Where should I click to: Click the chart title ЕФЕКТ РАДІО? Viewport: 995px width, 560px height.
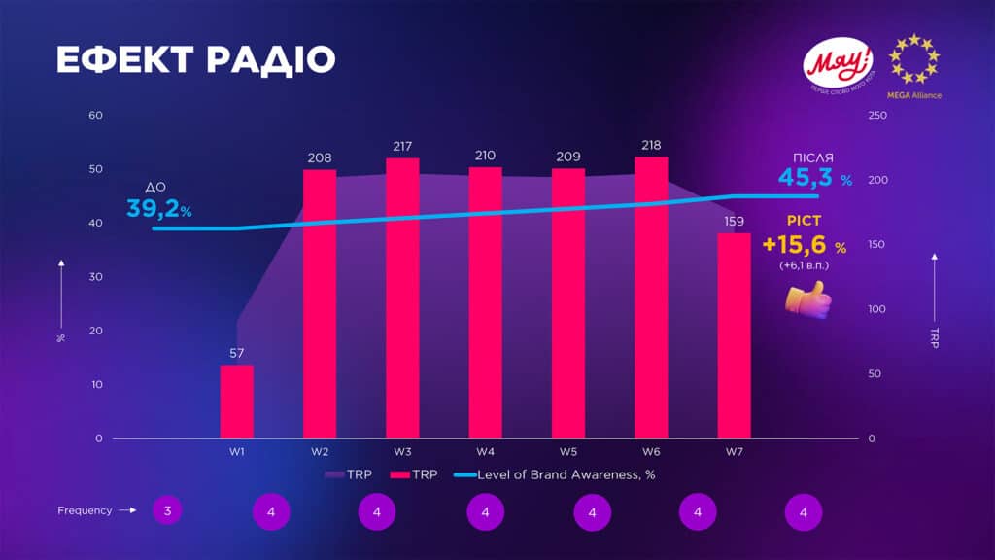[195, 59]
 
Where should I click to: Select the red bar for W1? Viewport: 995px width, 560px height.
[236, 401]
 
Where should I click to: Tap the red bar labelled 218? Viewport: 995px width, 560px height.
[651, 297]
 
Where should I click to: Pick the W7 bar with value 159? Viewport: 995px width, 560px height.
[734, 334]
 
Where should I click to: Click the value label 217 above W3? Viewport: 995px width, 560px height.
[402, 145]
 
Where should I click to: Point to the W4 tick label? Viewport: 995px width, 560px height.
[486, 452]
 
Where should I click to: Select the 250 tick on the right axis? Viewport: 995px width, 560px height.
[877, 116]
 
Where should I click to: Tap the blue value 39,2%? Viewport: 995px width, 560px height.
[159, 208]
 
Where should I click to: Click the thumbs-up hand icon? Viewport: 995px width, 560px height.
[808, 297]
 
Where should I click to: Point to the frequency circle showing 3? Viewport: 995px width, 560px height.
[167, 510]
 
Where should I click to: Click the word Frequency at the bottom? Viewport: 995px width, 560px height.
[85, 510]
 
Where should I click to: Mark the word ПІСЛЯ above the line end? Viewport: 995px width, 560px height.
[811, 157]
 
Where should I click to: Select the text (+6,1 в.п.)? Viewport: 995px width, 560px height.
[804, 265]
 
